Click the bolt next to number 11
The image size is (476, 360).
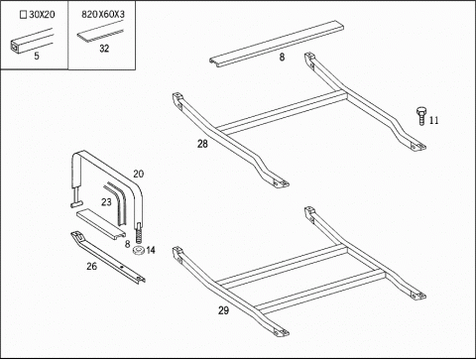[420, 116]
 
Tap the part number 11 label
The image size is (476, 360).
[434, 121]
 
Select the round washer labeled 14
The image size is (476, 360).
[138, 251]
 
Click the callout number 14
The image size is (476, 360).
[151, 250]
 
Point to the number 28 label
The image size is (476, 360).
[202, 144]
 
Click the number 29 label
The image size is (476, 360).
[223, 310]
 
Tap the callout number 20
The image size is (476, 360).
[139, 174]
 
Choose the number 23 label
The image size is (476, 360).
[106, 202]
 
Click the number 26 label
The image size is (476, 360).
[91, 266]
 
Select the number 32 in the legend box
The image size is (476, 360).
[104, 49]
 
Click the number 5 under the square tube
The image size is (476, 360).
[37, 56]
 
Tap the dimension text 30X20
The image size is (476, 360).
[42, 15]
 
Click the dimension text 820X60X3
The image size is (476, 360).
[103, 15]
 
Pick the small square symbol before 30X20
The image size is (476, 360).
[23, 15]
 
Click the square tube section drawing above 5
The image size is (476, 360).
[32, 42]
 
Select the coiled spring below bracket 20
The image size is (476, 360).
[139, 236]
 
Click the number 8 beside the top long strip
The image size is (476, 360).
[282, 58]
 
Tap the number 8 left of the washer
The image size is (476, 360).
[128, 244]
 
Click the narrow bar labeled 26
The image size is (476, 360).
[108, 258]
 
